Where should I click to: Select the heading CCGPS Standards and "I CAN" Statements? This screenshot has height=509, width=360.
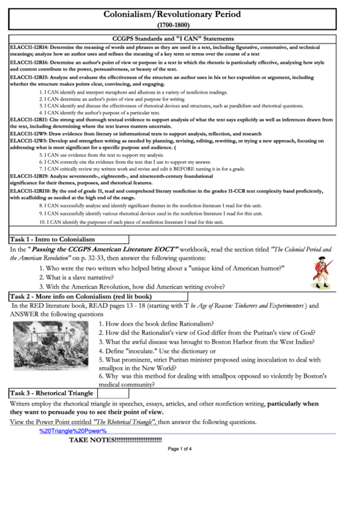coord(179,39)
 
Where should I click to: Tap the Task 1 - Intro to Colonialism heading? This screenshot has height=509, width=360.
coord(52,240)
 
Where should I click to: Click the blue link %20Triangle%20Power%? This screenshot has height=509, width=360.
coord(73,431)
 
